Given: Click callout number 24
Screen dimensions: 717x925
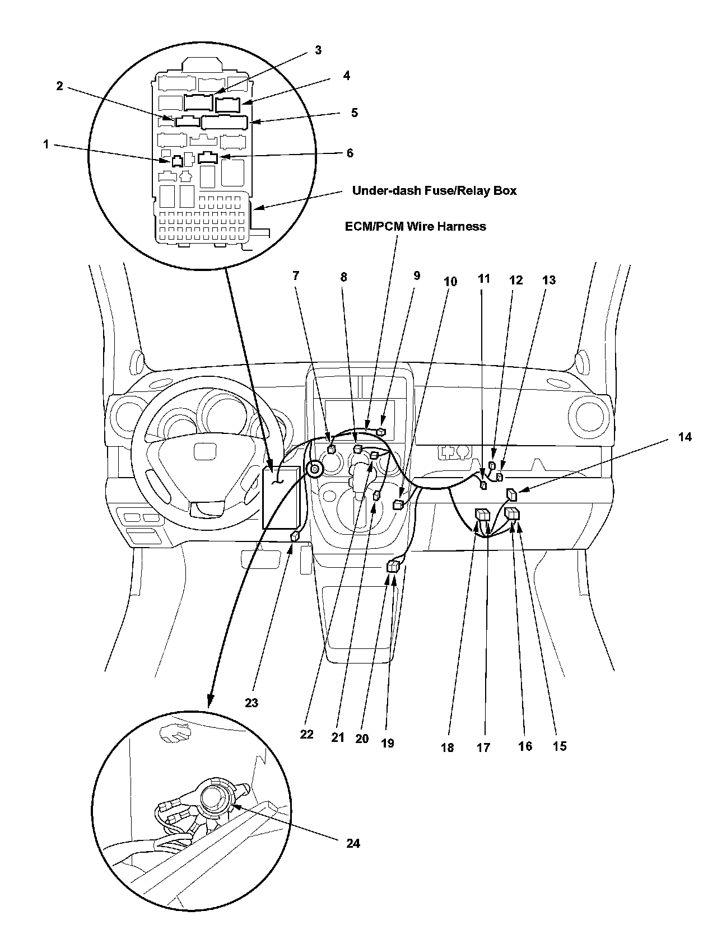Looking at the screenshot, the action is pos(353,843).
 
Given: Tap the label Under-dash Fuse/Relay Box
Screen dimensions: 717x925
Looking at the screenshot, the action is pos(434,190).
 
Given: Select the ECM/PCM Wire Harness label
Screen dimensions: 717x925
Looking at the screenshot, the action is pos(415,226).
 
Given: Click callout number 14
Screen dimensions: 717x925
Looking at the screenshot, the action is pos(685,437).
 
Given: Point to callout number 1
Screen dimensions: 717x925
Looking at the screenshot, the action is pos(46,144).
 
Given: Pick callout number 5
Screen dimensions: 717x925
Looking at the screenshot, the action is pos(354,113).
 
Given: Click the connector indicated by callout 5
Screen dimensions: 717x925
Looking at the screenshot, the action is pos(225,122).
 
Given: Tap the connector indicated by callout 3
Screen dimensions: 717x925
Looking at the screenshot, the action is pos(198,102).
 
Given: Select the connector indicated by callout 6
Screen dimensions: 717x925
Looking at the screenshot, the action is pos(208,158).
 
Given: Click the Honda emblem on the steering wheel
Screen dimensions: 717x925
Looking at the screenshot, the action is pos(205,452).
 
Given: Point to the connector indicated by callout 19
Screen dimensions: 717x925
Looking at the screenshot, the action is pos(393,567).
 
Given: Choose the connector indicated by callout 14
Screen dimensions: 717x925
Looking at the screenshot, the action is pos(512,494).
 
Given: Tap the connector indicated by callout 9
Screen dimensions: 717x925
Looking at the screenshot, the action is pos(381,432).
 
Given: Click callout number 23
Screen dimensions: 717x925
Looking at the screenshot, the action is pos(252,702).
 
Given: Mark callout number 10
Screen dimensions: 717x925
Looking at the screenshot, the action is pos(450,282).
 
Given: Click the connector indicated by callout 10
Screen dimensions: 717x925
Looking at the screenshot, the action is pos(398,505).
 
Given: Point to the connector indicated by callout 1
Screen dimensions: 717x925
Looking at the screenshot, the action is pos(178,161).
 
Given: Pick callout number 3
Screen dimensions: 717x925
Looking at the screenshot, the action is pos(318,50).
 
